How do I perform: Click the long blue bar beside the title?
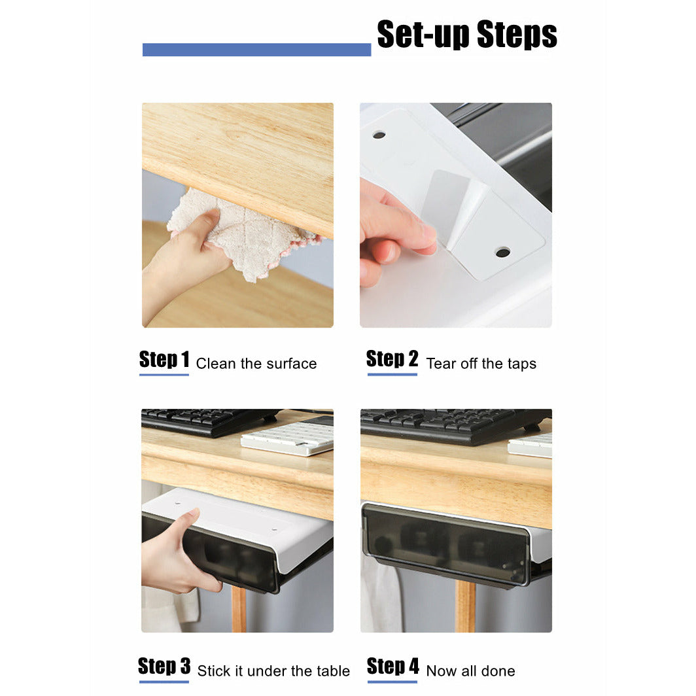[x=256, y=50]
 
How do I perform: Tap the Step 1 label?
[x=164, y=360]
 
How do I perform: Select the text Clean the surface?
[x=256, y=364]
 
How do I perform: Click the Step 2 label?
[x=392, y=359]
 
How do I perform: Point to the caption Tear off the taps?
[x=481, y=364]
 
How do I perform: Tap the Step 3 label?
[x=164, y=667]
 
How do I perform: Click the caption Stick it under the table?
[x=273, y=671]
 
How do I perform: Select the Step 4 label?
[x=392, y=667]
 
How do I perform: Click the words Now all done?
[x=470, y=671]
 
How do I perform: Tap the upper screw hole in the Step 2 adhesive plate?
[x=379, y=135]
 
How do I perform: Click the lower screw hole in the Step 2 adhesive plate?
[x=502, y=252]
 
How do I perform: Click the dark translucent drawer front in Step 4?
[x=445, y=544]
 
